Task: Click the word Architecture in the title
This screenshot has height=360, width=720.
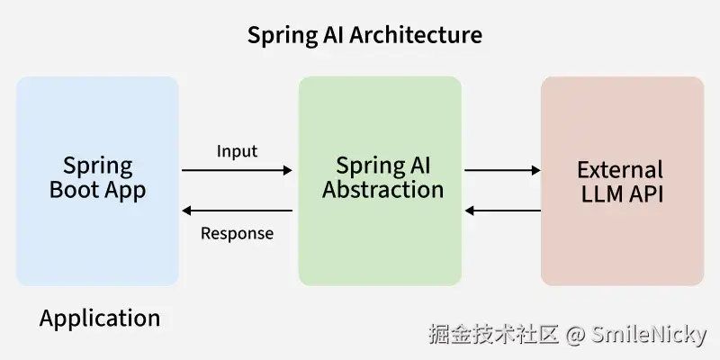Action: [x=415, y=35]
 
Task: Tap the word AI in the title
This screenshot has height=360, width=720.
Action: [x=330, y=35]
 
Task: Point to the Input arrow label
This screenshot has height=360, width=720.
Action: [x=237, y=151]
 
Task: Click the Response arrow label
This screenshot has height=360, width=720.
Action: [x=237, y=234]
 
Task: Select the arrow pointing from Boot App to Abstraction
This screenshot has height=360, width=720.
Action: [x=237, y=169]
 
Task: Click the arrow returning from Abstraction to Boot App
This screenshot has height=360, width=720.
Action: [x=237, y=211]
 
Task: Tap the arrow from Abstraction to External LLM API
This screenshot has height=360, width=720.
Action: [x=502, y=169]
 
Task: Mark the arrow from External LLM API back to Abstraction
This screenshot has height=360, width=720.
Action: [x=502, y=211]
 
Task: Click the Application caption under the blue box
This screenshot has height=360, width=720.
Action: [x=100, y=318]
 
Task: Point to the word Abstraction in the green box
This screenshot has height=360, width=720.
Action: [x=383, y=190]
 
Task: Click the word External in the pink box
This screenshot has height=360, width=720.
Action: [x=620, y=170]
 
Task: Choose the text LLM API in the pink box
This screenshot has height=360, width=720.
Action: [x=620, y=193]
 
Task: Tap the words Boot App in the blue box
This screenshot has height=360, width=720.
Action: [x=97, y=190]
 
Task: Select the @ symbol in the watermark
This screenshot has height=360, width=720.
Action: [x=576, y=336]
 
